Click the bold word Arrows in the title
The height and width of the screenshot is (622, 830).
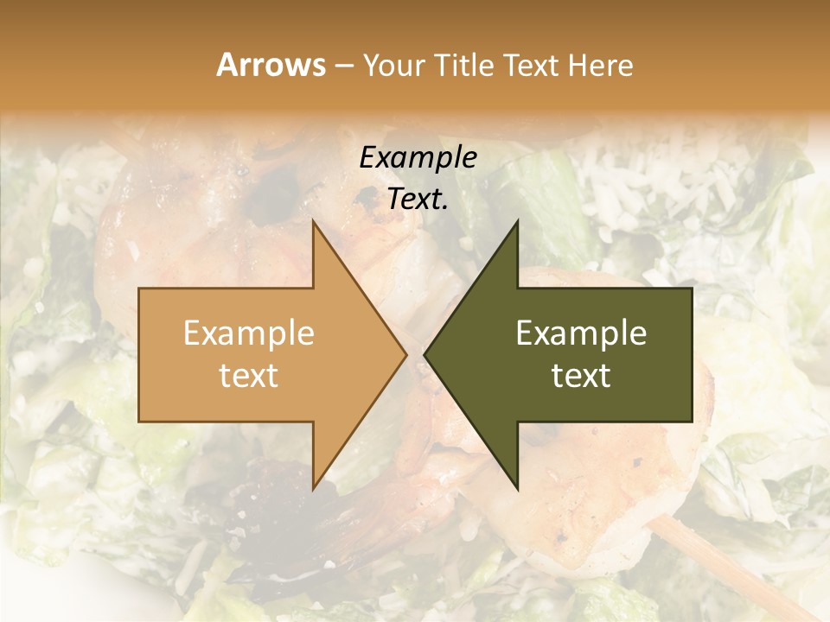(271, 65)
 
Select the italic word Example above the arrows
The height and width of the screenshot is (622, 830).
(418, 157)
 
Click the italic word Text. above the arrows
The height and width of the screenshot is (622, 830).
(418, 199)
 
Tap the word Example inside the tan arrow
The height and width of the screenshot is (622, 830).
(248, 333)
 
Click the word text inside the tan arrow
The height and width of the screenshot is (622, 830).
(248, 376)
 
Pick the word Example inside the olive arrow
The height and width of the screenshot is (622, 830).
(581, 333)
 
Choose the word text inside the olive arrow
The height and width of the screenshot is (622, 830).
(581, 376)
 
